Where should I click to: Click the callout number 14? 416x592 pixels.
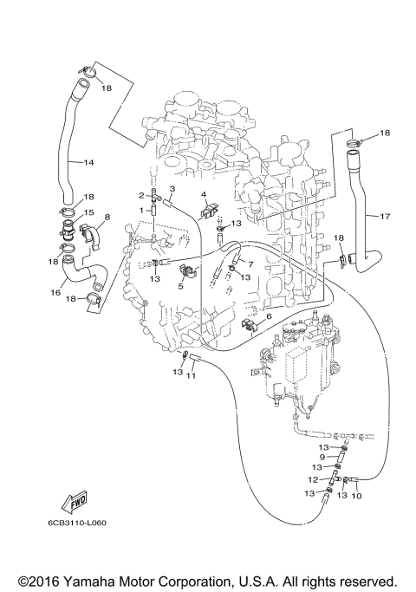[x=88, y=162]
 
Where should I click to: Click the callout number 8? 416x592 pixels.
[x=107, y=217]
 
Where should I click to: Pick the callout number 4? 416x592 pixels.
[x=204, y=195]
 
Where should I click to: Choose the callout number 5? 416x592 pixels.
[x=181, y=285]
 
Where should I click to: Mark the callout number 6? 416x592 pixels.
[x=269, y=317]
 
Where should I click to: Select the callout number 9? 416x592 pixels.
[x=322, y=457]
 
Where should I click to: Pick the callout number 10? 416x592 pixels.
[x=355, y=496]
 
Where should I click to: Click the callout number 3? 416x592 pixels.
[x=172, y=188]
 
